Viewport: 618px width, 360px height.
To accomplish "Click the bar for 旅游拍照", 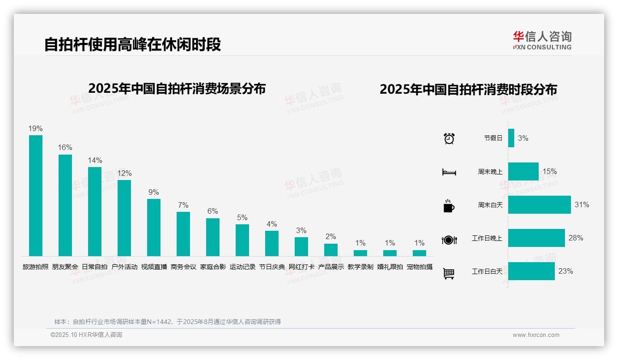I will click(x=36, y=195).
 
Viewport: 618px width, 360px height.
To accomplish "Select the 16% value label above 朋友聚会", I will click(x=65, y=148).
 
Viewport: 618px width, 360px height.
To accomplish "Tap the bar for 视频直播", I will click(x=154, y=227).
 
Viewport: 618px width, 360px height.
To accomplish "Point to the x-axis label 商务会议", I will click(x=183, y=267).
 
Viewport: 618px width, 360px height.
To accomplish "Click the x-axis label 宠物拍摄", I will click(x=419, y=267).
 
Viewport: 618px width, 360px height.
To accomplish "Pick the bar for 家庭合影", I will click(x=213, y=237).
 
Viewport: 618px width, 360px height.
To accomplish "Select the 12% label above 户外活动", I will click(x=124, y=174).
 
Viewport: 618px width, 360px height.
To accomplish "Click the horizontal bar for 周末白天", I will click(x=539, y=204).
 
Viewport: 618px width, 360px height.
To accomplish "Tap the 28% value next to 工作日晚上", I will click(x=576, y=238).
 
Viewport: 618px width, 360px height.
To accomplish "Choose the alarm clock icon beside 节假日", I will click(x=449, y=138).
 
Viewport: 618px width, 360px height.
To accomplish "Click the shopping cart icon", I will click(x=449, y=273).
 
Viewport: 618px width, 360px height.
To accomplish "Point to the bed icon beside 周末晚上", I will click(x=449, y=172).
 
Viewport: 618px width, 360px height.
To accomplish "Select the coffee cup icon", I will click(x=449, y=206).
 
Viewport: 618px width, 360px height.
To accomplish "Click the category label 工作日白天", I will click(x=487, y=271).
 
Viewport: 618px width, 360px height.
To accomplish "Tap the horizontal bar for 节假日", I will click(x=511, y=138).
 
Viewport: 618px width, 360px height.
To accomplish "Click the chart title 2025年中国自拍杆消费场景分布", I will click(x=177, y=89).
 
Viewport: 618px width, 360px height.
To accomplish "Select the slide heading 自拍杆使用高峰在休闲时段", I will click(x=132, y=44).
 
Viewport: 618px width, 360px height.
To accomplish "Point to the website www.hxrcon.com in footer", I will click(x=535, y=335).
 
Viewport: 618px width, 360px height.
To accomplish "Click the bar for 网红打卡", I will click(x=301, y=246).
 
